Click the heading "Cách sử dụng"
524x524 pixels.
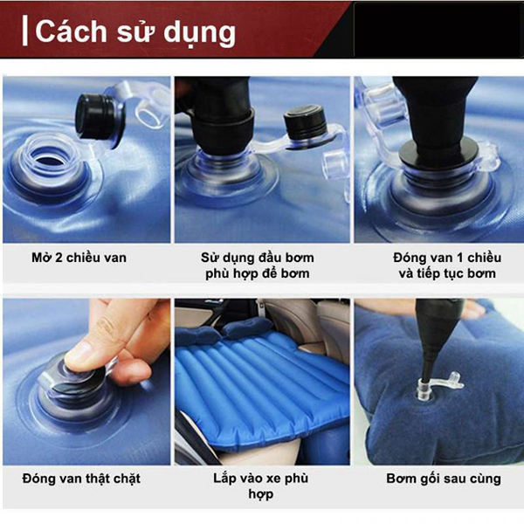[135, 32]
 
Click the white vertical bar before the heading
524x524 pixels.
[24, 31]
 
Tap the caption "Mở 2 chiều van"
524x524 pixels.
[79, 258]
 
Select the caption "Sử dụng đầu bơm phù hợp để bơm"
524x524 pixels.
[258, 265]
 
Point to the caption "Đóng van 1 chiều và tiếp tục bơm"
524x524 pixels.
[447, 265]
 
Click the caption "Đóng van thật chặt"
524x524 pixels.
[81, 479]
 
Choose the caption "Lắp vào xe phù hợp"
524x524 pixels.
[260, 486]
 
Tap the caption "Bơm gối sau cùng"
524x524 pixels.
[444, 479]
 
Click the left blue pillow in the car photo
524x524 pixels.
[195, 334]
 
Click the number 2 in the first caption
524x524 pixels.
[59, 258]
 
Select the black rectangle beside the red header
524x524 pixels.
[438, 30]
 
